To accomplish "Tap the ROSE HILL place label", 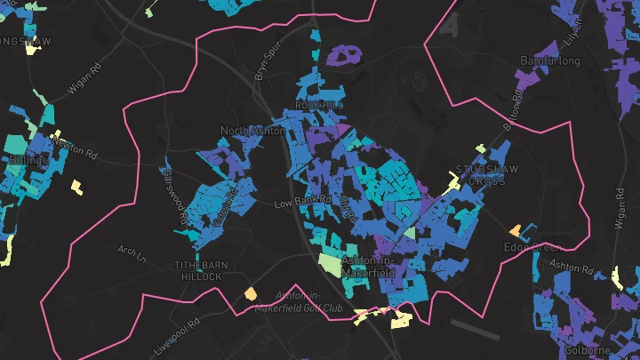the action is (319, 105).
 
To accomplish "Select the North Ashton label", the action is (252, 132).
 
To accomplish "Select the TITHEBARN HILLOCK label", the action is (197, 271).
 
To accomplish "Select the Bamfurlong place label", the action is (549, 61).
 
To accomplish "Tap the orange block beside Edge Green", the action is (515, 229).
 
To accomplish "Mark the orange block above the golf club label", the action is (251, 292).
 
